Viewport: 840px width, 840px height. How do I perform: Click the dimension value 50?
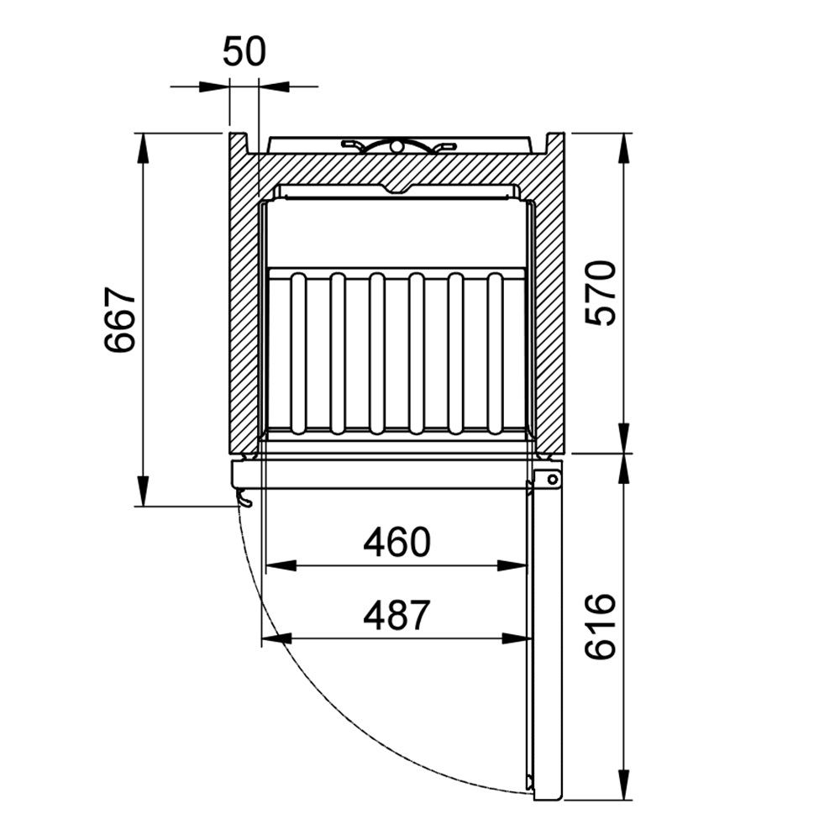pos(244,52)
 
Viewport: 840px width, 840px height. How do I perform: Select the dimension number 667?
pos(119,320)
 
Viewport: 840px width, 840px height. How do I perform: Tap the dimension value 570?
pos(601,293)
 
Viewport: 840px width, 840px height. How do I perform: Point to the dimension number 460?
pos(397,542)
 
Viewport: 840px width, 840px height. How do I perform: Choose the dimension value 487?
pos(397,615)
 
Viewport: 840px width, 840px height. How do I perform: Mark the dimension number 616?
pos(601,627)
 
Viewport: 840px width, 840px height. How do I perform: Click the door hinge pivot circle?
pos(552,480)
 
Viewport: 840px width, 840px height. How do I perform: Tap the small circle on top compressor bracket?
pos(396,145)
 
